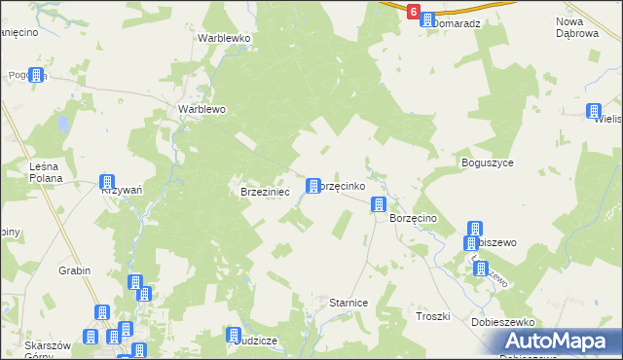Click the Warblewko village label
click(x=224, y=38)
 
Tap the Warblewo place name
click(x=202, y=109)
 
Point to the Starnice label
click(x=348, y=303)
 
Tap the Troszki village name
click(x=432, y=316)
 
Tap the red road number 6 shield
click(x=415, y=13)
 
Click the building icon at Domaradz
click(x=426, y=19)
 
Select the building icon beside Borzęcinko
click(x=313, y=185)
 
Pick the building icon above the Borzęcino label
click(x=379, y=204)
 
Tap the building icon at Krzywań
click(x=107, y=182)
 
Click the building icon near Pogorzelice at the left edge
click(x=37, y=75)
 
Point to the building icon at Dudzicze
click(x=234, y=334)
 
